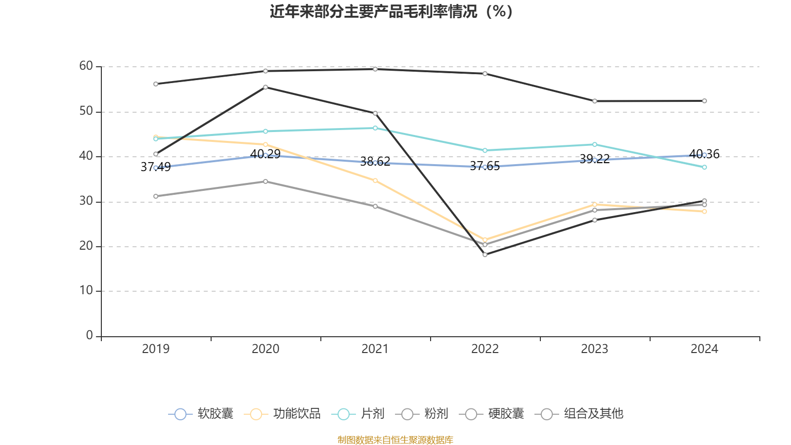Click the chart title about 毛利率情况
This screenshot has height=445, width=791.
(391, 11)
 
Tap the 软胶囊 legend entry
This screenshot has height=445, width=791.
(201, 414)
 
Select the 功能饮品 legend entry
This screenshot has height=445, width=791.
(283, 414)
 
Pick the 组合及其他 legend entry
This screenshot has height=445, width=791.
(579, 414)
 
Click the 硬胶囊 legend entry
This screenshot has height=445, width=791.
(492, 414)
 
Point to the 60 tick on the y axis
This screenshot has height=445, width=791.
(86, 66)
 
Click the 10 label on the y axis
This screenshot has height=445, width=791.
(86, 291)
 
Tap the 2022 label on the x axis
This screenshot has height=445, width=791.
(484, 349)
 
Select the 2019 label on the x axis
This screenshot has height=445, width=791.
(156, 349)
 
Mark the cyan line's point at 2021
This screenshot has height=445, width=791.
(375, 128)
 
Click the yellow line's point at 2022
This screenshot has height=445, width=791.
(485, 240)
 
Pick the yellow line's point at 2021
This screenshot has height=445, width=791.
(375, 180)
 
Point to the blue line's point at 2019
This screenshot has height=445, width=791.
(156, 168)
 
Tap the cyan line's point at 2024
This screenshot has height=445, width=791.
(704, 167)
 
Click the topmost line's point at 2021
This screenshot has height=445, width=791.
(375, 69)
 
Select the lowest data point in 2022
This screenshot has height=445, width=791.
(485, 255)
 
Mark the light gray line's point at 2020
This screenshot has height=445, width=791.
(265, 181)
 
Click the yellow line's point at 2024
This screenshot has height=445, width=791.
(704, 212)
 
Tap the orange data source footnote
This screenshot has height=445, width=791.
(395, 440)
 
